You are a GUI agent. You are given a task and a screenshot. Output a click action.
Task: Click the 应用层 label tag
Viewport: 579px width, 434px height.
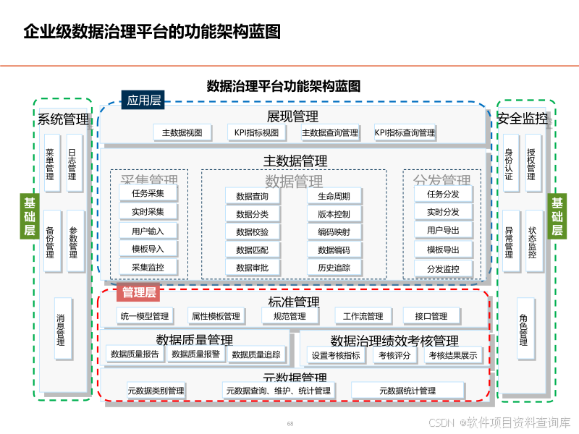point(144,101)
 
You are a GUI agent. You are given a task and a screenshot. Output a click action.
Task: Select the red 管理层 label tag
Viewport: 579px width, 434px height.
point(138,293)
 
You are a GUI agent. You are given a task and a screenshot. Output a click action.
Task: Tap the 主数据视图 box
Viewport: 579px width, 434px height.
point(182,133)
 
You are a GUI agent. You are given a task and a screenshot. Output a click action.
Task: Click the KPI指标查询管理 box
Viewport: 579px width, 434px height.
point(405,133)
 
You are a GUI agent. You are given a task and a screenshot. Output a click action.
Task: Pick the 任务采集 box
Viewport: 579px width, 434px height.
point(148,194)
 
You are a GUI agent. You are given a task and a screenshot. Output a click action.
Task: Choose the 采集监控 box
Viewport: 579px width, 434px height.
point(148,268)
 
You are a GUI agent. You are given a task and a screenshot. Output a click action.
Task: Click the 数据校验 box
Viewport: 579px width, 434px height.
point(252,232)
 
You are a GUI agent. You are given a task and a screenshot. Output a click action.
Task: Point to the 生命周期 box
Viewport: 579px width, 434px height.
point(334,196)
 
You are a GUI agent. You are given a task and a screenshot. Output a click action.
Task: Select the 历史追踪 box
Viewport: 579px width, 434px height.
point(334,268)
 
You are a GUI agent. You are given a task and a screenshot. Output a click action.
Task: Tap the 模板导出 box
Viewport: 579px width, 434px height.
point(443,250)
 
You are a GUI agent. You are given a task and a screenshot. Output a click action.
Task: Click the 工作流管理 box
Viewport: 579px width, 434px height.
point(363,316)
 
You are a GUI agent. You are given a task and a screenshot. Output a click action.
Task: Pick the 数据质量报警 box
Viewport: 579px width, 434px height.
point(195,354)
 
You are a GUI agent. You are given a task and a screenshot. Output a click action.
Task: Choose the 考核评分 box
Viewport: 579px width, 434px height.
point(395,355)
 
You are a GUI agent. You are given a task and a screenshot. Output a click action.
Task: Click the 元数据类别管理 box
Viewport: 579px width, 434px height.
point(156,391)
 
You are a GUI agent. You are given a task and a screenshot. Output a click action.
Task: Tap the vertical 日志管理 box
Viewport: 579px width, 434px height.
point(74,163)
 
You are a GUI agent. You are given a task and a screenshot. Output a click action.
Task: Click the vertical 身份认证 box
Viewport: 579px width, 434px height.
point(510,163)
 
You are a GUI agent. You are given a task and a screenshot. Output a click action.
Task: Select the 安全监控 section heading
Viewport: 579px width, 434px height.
point(522,119)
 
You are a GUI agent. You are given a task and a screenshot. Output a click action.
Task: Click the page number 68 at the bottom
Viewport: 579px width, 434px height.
point(290,424)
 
